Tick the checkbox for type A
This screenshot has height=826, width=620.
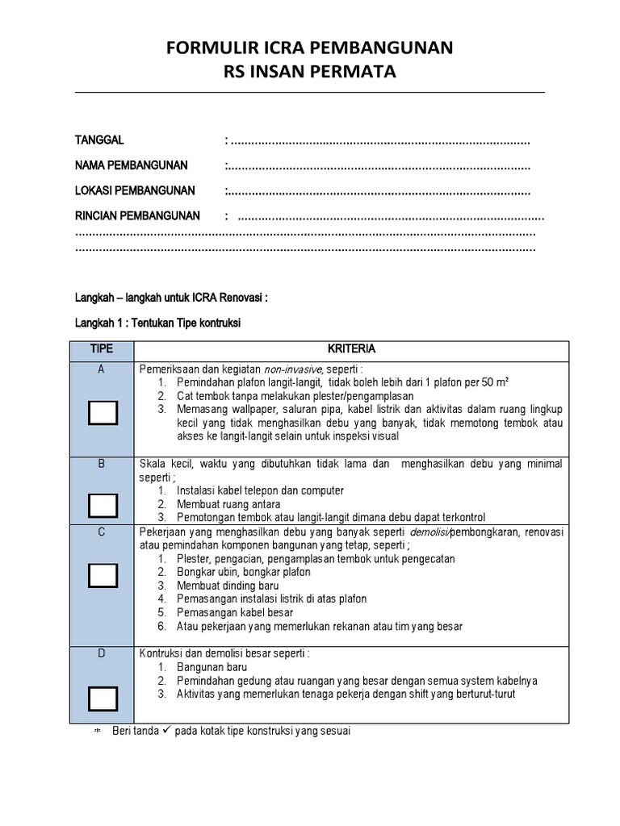coord(103,413)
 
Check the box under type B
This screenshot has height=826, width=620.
coord(103,505)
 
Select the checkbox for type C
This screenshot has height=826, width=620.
coord(103,575)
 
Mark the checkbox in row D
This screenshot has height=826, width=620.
coord(103,697)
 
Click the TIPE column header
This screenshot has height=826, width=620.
coord(102,350)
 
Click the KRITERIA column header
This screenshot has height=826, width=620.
coord(351,350)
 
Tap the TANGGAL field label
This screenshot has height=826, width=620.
coord(99,140)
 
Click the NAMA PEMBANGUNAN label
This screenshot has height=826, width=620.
coord(131,165)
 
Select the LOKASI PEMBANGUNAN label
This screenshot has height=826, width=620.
coord(135,191)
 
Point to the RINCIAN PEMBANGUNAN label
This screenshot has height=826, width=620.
coord(137,216)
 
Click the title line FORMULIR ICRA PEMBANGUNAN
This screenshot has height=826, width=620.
coord(310,48)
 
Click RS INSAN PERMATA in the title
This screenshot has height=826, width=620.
coord(310,73)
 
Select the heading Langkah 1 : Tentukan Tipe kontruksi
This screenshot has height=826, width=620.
coord(158,323)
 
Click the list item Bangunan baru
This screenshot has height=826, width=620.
coord(212,667)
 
